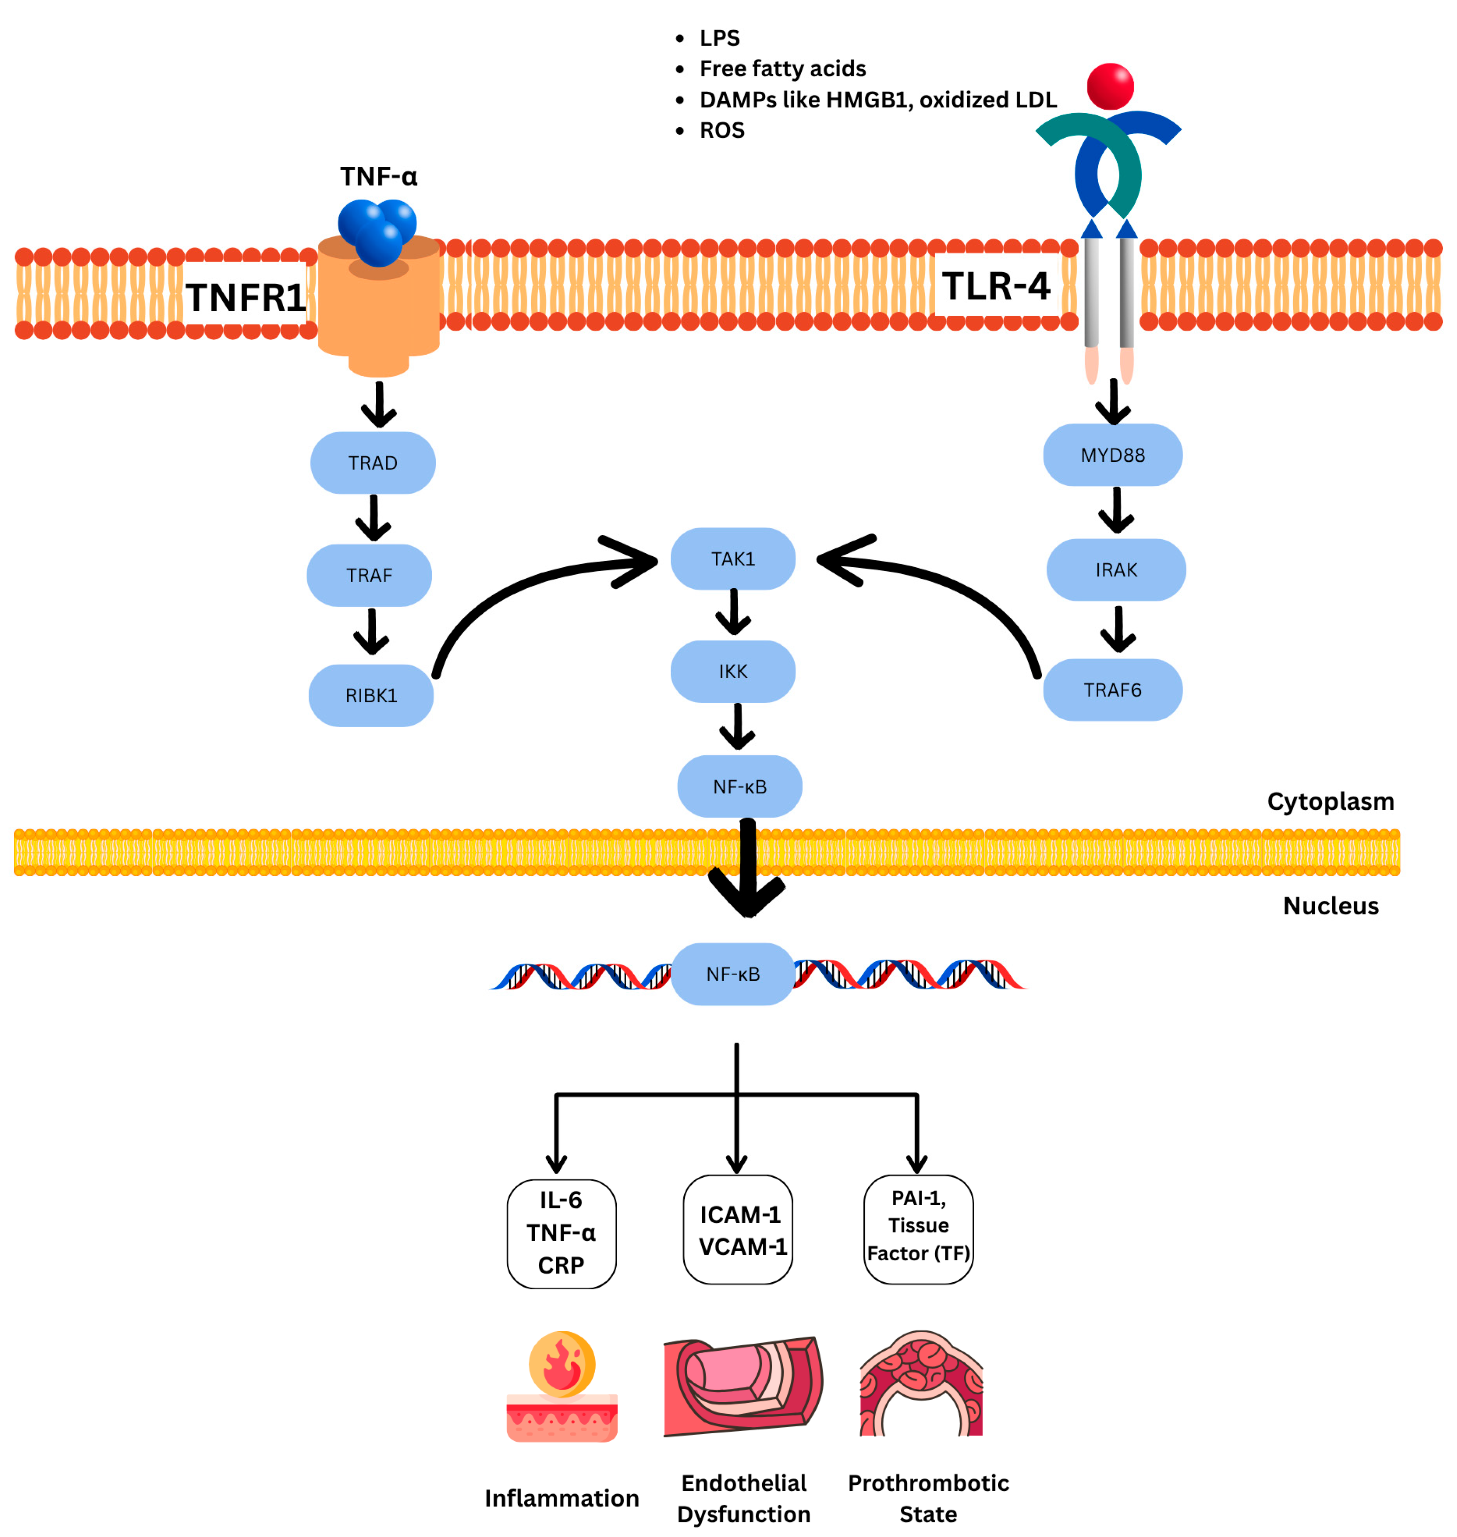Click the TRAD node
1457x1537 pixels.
tap(373, 463)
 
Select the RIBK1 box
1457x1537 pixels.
tap(371, 696)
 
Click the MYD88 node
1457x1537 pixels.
tap(1113, 455)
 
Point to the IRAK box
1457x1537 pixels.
tap(1116, 570)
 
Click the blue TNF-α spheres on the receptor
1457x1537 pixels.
tap(378, 229)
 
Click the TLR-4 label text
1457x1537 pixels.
tap(997, 286)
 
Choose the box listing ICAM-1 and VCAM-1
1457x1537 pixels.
tap(738, 1230)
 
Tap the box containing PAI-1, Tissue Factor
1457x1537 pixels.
tap(918, 1230)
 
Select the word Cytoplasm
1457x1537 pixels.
tap(1331, 801)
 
